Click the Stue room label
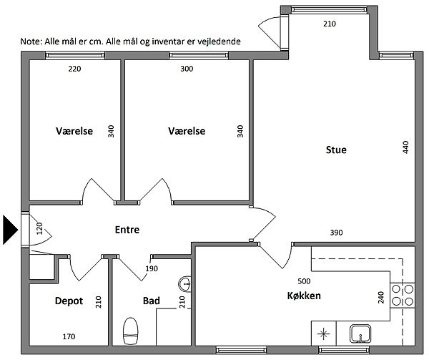point(336,150)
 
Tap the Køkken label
point(304,296)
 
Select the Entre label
point(127,230)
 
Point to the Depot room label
point(69,301)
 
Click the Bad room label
point(152,301)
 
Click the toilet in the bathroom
point(131,331)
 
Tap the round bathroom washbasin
point(185,284)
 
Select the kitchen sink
point(360,334)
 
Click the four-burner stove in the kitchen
point(403,295)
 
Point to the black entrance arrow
point(10,230)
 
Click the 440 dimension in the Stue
point(405,147)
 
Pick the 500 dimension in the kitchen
point(304,281)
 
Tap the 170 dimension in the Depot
point(69,336)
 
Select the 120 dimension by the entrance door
point(39,228)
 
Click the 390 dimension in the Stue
point(336,233)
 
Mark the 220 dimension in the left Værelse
point(74,69)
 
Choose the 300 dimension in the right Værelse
point(187,69)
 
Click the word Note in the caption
point(30,42)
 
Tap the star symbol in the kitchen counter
point(323,334)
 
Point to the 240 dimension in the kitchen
point(380,297)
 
